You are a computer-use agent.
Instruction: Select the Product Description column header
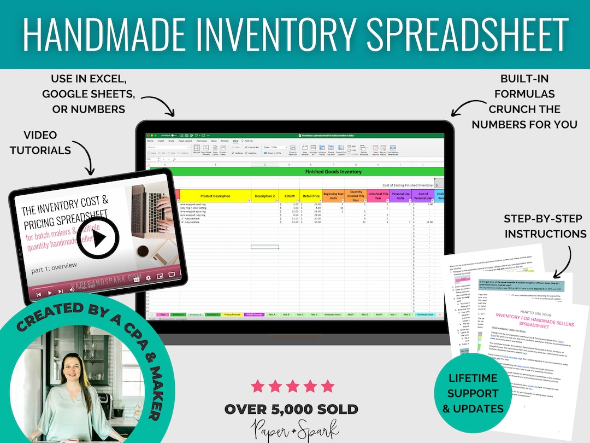[x=215, y=196]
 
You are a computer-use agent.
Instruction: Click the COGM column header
[x=289, y=196]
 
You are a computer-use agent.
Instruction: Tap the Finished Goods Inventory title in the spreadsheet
[x=333, y=172]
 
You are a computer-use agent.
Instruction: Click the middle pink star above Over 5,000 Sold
[x=292, y=386]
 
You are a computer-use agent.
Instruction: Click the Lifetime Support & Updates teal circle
[x=473, y=393]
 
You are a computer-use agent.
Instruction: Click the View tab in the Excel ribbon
[x=235, y=141]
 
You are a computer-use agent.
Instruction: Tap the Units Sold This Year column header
[x=378, y=196]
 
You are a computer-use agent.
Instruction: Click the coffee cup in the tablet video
[x=143, y=251]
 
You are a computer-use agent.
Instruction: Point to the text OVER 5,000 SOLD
[x=291, y=409]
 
